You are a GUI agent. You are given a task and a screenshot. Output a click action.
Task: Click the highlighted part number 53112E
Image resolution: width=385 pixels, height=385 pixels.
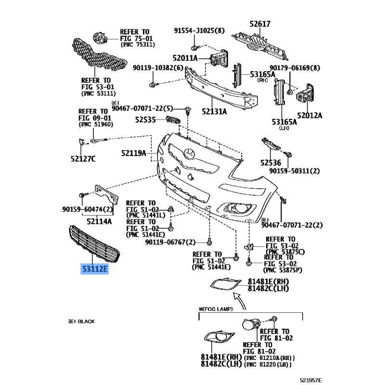click(95, 269)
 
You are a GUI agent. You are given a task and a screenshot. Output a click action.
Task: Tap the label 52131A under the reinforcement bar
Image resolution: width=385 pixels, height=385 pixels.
click(215, 112)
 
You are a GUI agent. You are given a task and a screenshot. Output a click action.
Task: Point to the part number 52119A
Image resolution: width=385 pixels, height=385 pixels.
click(133, 154)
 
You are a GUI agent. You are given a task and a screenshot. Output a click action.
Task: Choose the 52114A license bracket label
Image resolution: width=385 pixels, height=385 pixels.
click(99, 221)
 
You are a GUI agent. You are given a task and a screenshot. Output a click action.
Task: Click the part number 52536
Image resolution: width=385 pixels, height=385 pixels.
click(271, 163)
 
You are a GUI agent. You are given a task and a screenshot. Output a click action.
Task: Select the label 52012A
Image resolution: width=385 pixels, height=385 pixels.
click(309, 115)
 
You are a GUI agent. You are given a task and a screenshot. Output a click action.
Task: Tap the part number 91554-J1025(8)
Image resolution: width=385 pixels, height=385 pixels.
click(199, 31)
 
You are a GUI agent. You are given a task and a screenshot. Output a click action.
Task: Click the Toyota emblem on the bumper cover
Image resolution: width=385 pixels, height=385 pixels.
click(188, 154)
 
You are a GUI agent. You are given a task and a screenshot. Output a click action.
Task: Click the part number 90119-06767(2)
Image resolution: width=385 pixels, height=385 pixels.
click(170, 242)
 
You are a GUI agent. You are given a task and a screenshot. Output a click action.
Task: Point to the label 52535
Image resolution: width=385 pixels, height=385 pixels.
click(145, 119)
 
